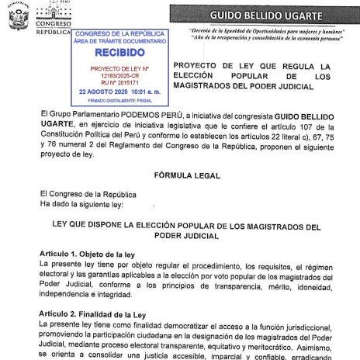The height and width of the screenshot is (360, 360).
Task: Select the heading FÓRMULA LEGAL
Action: (x=179, y=175)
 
